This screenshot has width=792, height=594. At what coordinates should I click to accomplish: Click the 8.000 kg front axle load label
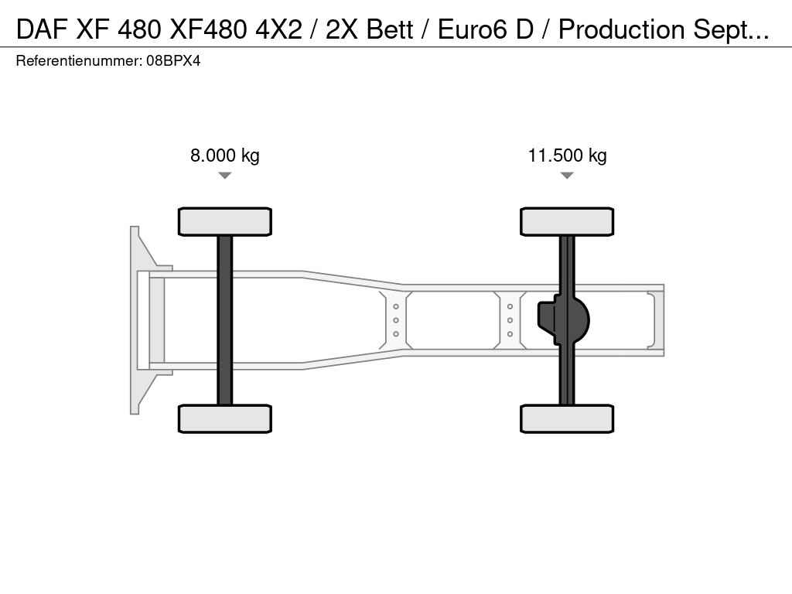coord(225,155)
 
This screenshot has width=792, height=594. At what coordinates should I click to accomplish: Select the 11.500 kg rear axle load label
coord(567,155)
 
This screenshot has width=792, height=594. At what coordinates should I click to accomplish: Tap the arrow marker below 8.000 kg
coord(225,176)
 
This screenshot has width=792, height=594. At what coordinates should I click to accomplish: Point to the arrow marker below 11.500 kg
coord(567,176)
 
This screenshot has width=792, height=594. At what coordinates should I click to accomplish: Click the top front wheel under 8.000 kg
coord(225,221)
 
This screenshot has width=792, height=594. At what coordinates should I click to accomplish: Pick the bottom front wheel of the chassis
coord(225,418)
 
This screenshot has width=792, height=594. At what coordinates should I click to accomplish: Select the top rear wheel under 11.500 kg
coord(567,221)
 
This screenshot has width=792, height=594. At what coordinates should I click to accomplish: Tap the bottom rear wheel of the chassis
coord(567,418)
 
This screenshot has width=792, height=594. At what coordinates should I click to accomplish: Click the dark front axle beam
coord(225,320)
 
